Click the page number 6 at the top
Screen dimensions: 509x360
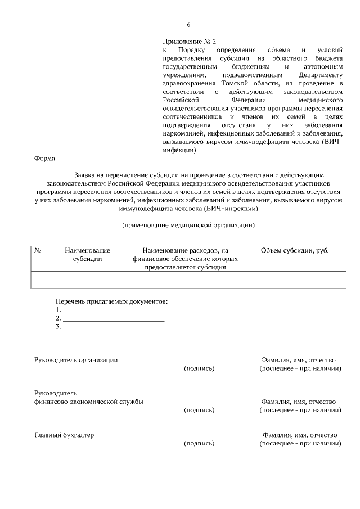[188, 25]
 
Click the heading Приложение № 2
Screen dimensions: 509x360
[189, 42]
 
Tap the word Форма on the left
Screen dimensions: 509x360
[45, 159]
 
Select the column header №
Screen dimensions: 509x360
[39, 250]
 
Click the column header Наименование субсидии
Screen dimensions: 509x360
[87, 255]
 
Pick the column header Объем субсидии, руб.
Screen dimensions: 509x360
[295, 250]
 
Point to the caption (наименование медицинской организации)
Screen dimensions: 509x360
[188, 226]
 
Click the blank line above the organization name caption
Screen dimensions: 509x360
[188, 218]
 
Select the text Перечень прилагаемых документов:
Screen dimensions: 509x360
[111, 301]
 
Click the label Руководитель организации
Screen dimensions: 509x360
[76, 359]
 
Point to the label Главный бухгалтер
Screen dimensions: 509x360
[64, 435]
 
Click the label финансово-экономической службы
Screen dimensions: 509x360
[88, 402]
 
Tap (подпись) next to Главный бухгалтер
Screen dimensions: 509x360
[199, 443]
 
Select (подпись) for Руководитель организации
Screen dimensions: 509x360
[199, 368]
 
